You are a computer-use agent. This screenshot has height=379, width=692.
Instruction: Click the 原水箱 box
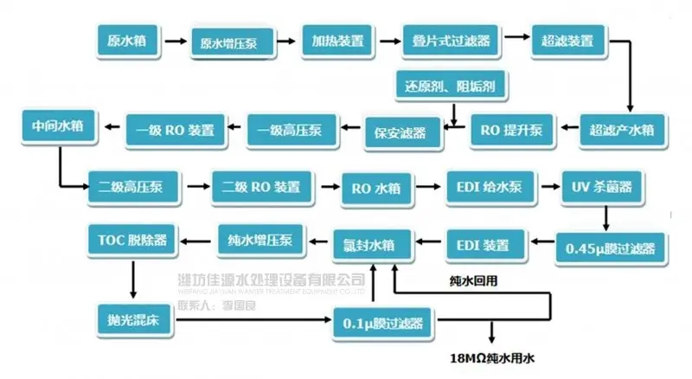click(x=126, y=41)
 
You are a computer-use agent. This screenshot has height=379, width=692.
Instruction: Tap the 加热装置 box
click(x=338, y=41)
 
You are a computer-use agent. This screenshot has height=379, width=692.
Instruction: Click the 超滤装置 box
click(x=567, y=41)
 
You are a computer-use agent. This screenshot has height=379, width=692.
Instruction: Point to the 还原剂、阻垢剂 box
click(x=450, y=87)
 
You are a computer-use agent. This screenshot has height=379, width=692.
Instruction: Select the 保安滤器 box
click(x=400, y=132)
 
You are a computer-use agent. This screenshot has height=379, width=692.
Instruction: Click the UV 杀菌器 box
click(x=608, y=186)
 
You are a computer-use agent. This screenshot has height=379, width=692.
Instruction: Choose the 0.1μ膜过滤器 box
click(x=383, y=323)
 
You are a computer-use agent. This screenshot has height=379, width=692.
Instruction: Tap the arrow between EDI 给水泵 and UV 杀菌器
click(x=550, y=186)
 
